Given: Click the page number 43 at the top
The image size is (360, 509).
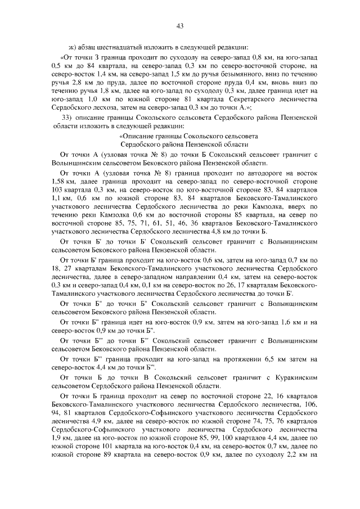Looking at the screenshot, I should pos(180,25).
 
